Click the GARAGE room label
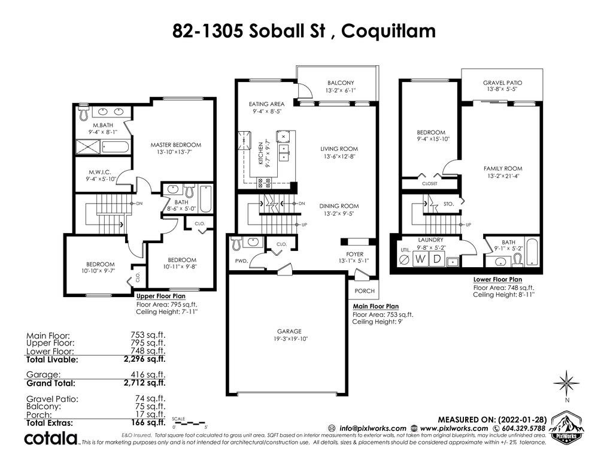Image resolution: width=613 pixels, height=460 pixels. (289, 331)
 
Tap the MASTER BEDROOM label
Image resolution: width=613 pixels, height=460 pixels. (176, 145)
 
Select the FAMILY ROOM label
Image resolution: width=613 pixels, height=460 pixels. (503, 168)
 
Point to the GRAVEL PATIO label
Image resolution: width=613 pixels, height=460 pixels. (502, 83)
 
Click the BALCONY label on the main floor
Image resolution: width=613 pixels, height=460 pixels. (341, 83)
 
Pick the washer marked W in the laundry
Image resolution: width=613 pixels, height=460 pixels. (420, 259)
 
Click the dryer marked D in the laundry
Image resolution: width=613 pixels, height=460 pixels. (436, 259)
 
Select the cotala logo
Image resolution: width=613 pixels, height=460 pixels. (51, 438)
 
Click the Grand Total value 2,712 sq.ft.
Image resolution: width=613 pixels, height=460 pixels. (145, 383)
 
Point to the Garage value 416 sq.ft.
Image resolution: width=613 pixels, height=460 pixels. (148, 375)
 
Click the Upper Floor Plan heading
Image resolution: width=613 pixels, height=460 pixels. (160, 296)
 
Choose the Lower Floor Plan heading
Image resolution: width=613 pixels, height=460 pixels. (497, 279)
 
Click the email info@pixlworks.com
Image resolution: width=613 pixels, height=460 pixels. (373, 428)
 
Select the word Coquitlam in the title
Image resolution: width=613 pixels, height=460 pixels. (389, 31)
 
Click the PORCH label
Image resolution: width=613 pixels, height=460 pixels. (365, 291)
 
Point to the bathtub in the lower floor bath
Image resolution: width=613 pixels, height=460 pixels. (532, 252)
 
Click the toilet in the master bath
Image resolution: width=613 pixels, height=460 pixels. (84, 113)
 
